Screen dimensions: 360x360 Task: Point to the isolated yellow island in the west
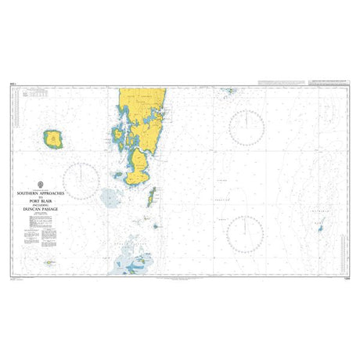pos(54,140)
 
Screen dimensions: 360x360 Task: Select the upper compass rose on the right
pos(247,127)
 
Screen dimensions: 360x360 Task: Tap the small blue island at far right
pos(319,229)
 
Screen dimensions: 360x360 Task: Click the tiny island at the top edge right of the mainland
pos(229,91)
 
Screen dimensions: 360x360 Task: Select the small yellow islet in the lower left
pos(49,262)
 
